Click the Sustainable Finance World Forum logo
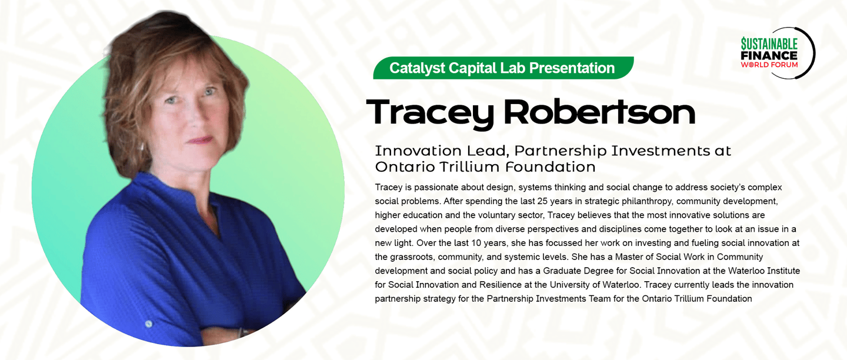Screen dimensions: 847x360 [x=778, y=53]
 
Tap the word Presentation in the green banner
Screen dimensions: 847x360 [x=572, y=68]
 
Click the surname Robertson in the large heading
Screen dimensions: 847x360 [x=599, y=112]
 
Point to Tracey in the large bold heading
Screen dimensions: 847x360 [x=429, y=114]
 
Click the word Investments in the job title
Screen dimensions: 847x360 [x=660, y=151]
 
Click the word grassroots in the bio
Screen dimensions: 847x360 [x=411, y=258]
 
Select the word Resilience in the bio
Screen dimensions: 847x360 [x=505, y=285]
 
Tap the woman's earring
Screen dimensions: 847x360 [x=142, y=146]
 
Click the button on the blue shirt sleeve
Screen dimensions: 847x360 [x=149, y=324]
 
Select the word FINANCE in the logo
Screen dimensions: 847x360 [x=769, y=55]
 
